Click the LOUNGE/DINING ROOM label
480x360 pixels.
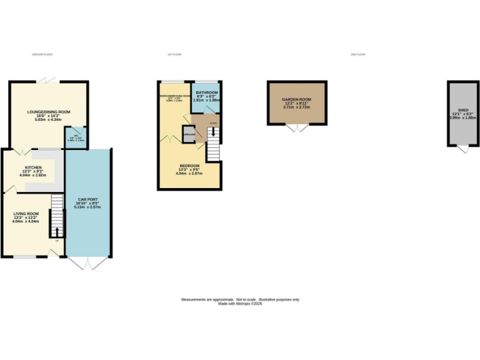click(x=48, y=112)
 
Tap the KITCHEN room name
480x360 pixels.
click(x=33, y=167)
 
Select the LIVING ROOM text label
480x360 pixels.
click(x=26, y=214)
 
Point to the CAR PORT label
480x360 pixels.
click(x=87, y=199)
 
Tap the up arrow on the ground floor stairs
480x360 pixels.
click(x=57, y=232)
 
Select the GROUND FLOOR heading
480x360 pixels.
click(x=42, y=55)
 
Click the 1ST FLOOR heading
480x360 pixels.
click(x=174, y=55)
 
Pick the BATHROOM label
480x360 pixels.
click(x=207, y=92)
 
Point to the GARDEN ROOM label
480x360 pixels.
click(x=296, y=99)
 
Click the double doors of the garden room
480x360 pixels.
click(x=297, y=127)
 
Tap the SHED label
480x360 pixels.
click(x=463, y=110)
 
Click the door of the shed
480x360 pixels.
click(x=462, y=150)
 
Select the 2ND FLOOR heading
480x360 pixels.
click(x=357, y=55)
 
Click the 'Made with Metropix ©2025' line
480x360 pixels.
click(x=240, y=304)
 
